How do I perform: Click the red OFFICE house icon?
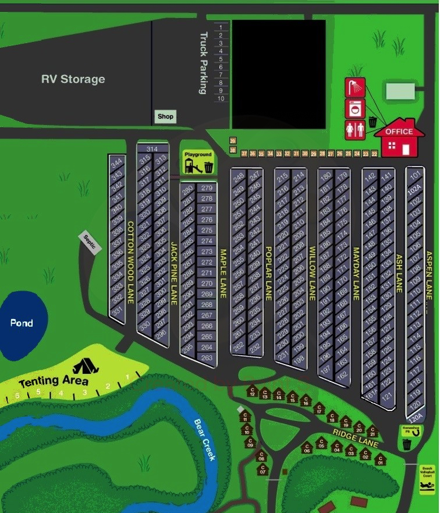tap(399, 138)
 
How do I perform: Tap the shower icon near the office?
tap(354, 87)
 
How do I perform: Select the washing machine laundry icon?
tap(354, 108)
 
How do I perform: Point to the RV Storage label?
tap(73, 79)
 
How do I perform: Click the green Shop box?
tap(165, 116)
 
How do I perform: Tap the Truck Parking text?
tap(203, 62)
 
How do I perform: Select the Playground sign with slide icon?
tap(198, 162)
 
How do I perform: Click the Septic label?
tap(90, 241)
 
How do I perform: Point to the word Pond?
tap(22, 323)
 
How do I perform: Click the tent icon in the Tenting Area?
tap(85, 365)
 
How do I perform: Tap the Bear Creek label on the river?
tap(205, 440)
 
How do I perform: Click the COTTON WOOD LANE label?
tap(131, 262)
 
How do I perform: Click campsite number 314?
tap(152, 149)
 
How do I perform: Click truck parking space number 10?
tap(221, 98)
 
